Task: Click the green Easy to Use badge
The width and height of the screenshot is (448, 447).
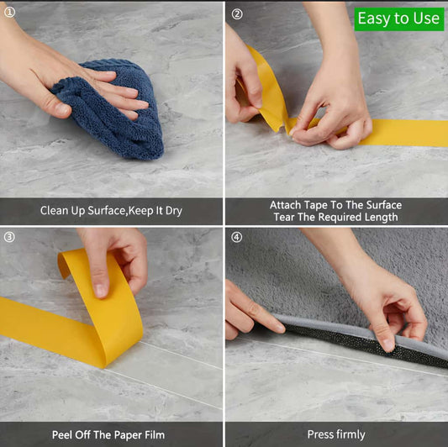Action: coord(398,18)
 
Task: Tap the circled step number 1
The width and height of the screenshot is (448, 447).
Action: coord(9,12)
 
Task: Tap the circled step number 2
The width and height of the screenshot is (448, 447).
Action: coord(236,14)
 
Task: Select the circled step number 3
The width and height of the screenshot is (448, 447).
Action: coord(9,237)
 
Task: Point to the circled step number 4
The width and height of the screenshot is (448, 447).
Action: coord(236,237)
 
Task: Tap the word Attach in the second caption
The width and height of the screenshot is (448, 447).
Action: coord(287,205)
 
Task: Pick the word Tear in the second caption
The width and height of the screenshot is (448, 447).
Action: coord(287,218)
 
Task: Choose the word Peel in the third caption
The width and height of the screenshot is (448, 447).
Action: coord(65,434)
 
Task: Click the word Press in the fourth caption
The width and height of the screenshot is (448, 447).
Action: coord(322,434)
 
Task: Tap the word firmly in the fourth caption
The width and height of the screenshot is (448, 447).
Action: coord(351,434)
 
